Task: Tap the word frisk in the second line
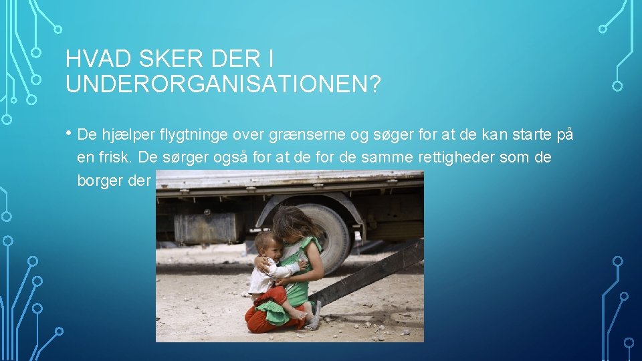[118, 158]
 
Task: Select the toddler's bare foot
[297, 315]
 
